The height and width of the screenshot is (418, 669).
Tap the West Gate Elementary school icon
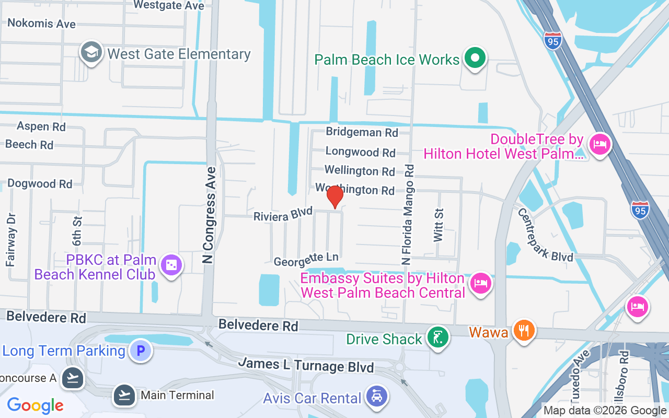91,53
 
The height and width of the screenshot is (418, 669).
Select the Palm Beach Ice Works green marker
475,59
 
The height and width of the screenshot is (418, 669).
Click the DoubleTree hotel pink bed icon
599,143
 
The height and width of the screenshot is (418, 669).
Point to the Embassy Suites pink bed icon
479,284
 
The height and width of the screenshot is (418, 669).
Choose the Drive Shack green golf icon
437,338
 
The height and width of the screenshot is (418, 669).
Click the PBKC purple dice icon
171,266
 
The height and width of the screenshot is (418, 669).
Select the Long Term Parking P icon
140,351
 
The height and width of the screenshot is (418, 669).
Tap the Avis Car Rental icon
376,398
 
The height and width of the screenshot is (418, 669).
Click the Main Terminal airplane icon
124,395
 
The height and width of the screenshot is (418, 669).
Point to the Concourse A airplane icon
72,378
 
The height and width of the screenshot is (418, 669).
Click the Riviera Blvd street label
283,214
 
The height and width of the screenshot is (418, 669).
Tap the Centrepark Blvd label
545,235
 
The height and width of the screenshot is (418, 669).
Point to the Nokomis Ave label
41,24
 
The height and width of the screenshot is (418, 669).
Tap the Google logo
36,405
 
